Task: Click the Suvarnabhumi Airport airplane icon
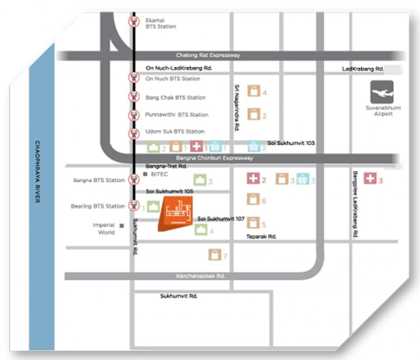click(x=382, y=92)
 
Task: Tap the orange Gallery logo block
click(x=175, y=213)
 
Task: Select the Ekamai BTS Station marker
click(x=134, y=21)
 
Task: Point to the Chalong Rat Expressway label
click(x=208, y=55)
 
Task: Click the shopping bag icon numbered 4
click(x=254, y=92)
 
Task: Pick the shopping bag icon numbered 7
click(x=215, y=255)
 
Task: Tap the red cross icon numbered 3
click(x=370, y=179)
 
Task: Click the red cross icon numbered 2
click(x=253, y=179)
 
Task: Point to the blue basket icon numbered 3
click(x=303, y=180)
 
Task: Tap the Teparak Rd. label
click(x=261, y=237)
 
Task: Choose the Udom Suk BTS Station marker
click(x=134, y=133)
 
